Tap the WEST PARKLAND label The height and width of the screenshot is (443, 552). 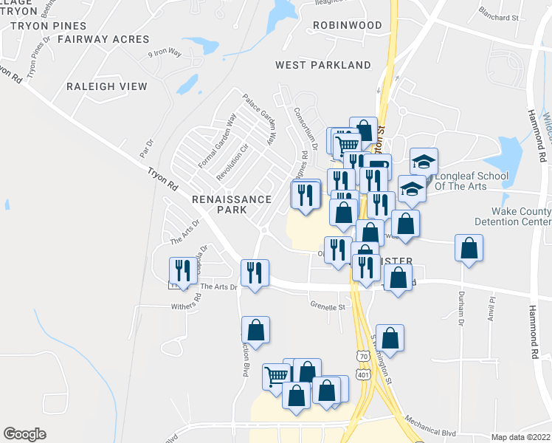pyautogui.click(x=323, y=65)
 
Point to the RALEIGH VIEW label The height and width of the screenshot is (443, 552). pyautogui.click(x=107, y=86)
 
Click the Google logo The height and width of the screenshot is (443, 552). pyautogui.click(x=24, y=434)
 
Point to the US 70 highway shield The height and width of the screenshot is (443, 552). pyautogui.click(x=362, y=356)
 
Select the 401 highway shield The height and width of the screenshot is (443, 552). pyautogui.click(x=362, y=375)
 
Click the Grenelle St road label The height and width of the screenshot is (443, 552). pyautogui.click(x=328, y=306)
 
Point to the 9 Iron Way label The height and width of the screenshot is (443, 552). pyautogui.click(x=164, y=53)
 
